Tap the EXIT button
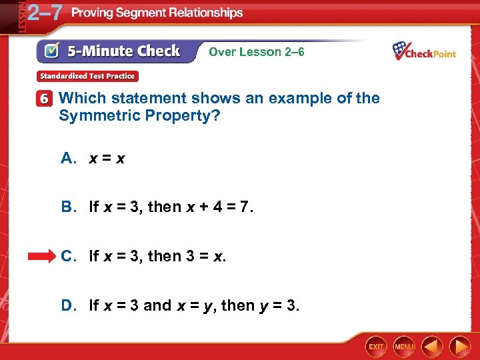click(x=377, y=346)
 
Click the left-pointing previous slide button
click(x=431, y=346)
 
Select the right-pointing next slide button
click(x=460, y=346)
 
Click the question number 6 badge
click(x=45, y=99)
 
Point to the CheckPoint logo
click(x=424, y=51)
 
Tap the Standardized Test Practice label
click(x=87, y=76)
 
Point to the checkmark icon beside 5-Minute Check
click(x=53, y=51)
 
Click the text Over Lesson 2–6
click(x=257, y=51)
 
